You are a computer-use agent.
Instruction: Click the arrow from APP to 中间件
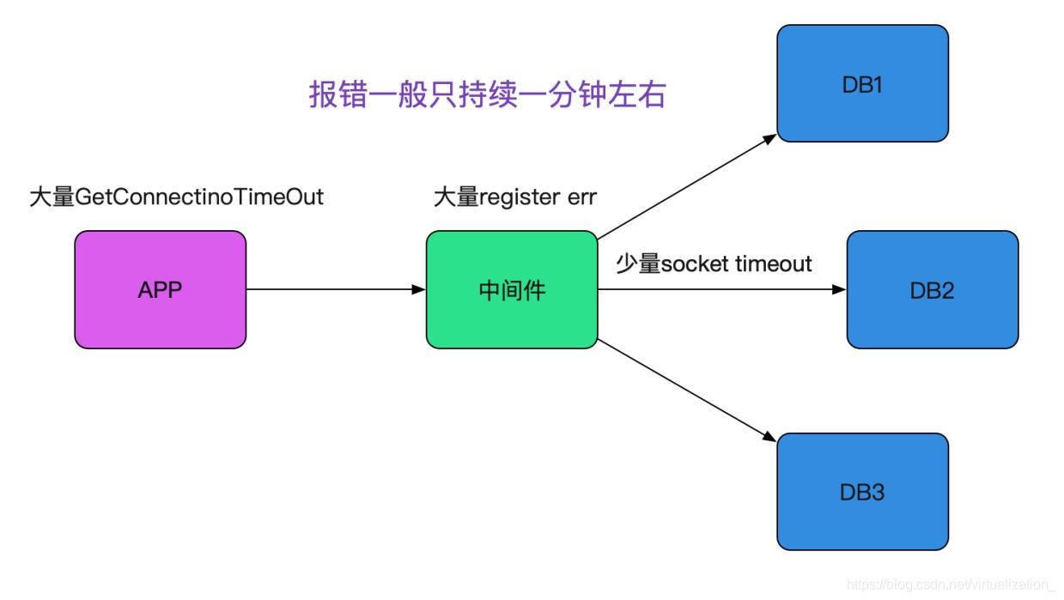click(x=335, y=290)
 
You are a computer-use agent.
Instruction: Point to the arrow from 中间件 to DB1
click(x=687, y=186)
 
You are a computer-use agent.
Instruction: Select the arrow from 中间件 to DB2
click(x=721, y=290)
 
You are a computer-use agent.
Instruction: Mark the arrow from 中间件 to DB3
click(x=687, y=391)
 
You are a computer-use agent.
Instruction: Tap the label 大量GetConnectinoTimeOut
click(x=176, y=197)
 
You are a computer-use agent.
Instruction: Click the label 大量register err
click(x=514, y=197)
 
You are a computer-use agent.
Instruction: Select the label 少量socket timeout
click(x=714, y=264)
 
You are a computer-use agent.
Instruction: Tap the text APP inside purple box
click(x=160, y=290)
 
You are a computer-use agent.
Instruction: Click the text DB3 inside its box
click(x=862, y=493)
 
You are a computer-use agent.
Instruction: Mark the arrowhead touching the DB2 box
click(x=839, y=290)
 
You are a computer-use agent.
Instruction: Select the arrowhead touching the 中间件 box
click(x=418, y=290)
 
